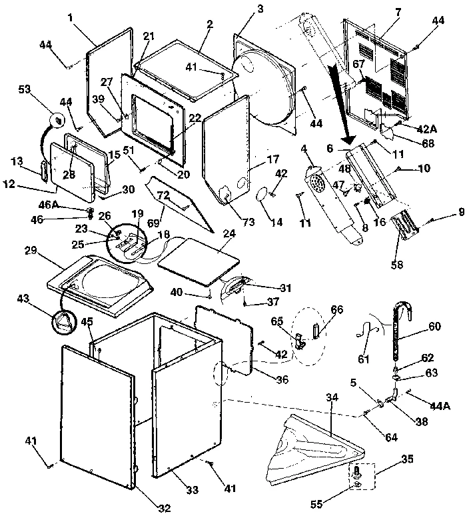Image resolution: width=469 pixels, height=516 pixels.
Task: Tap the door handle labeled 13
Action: pos(44,170)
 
